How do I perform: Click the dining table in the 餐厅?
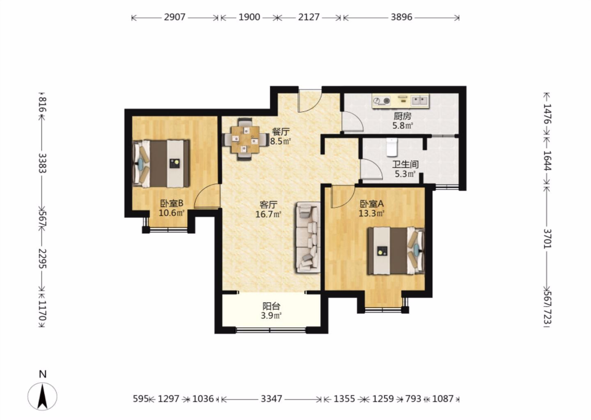[x=245, y=140]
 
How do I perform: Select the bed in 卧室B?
[x=161, y=164]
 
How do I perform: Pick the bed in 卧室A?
[x=396, y=251]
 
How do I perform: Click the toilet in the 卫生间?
[x=392, y=147]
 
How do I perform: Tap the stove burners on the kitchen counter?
[x=382, y=101]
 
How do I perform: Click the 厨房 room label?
[x=403, y=116]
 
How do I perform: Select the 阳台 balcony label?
[x=271, y=306]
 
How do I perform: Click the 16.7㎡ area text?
[x=268, y=215]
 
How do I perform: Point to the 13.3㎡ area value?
[x=371, y=213]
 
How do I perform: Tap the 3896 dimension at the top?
[x=401, y=17]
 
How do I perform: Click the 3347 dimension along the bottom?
[x=272, y=399]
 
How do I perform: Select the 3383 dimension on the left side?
[x=42, y=163]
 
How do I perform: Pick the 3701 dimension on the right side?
[x=547, y=239]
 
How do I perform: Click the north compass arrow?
[x=42, y=396]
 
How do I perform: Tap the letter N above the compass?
[x=43, y=374]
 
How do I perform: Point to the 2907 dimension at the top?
[x=175, y=17]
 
